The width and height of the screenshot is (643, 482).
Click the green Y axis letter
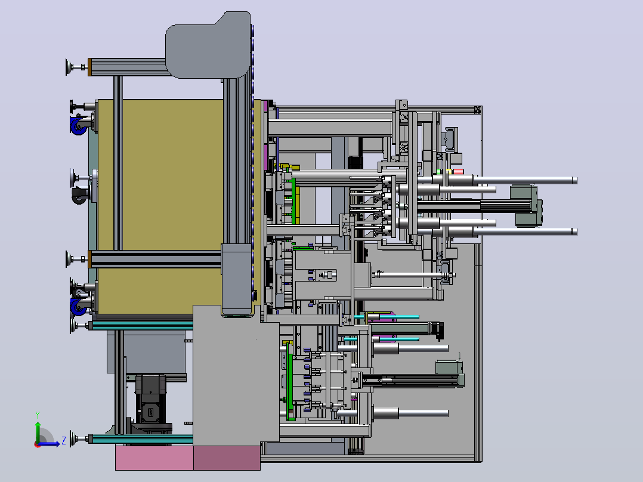pyautogui.click(x=38, y=415)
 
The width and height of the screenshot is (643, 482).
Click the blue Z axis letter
pyautogui.click(x=64, y=441)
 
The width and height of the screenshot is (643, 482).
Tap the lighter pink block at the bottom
pyautogui.click(x=154, y=458)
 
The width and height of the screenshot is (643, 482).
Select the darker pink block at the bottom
pyautogui.click(x=227, y=458)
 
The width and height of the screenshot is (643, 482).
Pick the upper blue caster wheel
pyautogui.click(x=78, y=125)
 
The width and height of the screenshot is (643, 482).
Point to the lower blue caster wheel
pyautogui.click(x=78, y=307)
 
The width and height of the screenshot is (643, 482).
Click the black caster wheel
pyautogui.click(x=80, y=196)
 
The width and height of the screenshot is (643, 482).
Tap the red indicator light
pyautogui.click(x=458, y=171)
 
